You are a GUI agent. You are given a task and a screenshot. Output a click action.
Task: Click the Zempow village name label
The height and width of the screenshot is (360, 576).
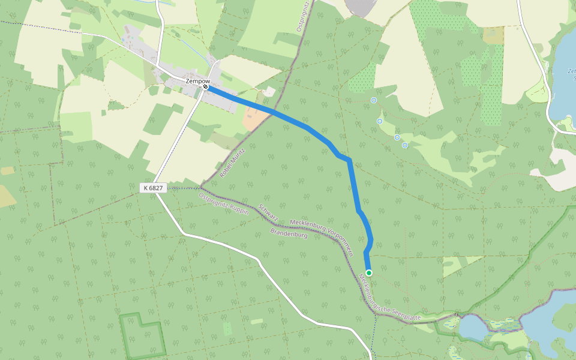[196, 80]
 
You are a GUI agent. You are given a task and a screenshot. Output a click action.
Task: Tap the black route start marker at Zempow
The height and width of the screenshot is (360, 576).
[205, 87]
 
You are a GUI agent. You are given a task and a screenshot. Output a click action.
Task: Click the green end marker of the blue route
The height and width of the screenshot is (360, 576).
[369, 273]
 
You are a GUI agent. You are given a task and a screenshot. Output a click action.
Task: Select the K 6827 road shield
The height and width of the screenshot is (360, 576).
[152, 188]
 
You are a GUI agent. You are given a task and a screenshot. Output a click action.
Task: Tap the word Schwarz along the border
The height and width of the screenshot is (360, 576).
[268, 212]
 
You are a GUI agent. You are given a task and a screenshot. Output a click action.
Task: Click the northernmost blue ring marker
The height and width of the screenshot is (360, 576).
[374, 101]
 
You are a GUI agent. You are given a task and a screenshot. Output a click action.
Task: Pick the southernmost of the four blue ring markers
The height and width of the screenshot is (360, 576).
[405, 145]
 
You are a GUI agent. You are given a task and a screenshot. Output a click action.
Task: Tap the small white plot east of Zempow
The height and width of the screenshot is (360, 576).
[269, 91]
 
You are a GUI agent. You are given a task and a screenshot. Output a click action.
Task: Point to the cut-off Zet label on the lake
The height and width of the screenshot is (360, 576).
[571, 71]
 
